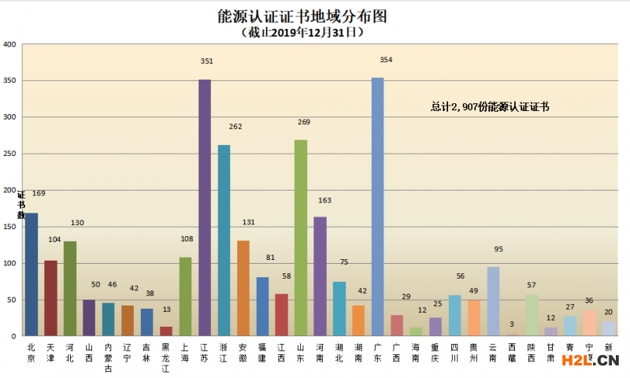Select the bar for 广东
[377, 206]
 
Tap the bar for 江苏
[205, 208]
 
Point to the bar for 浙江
[224, 240]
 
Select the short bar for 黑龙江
[166, 332]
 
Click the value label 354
[386, 60]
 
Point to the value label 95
[498, 250]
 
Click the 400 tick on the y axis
[9, 45]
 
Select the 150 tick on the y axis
[9, 227]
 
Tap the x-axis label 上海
[185, 352]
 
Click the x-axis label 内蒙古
[109, 358]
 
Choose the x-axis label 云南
[493, 352]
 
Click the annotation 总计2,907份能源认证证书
[489, 106]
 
